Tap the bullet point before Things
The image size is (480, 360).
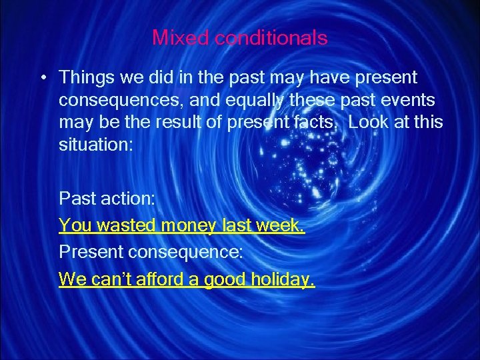(42, 79)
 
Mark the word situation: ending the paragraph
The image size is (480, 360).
(96, 145)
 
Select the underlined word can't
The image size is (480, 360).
(107, 279)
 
